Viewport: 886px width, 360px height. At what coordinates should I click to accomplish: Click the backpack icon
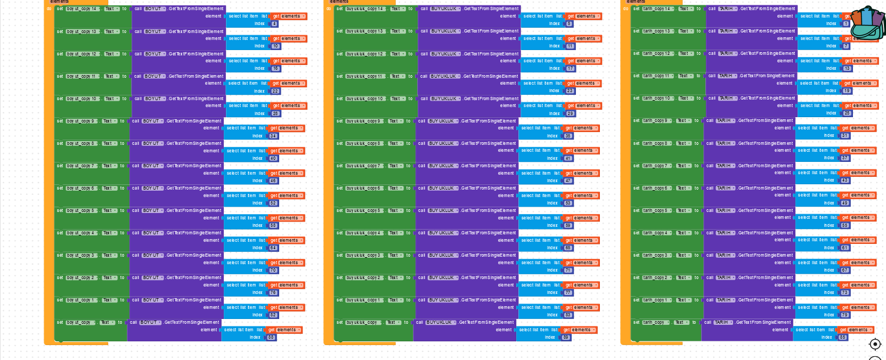pyautogui.click(x=867, y=23)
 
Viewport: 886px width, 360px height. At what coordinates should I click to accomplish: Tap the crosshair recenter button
pyautogui.click(x=875, y=344)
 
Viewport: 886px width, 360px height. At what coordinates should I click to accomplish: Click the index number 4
pyautogui.click(x=274, y=24)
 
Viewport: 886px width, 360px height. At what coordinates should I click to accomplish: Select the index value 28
pyautogui.click(x=275, y=113)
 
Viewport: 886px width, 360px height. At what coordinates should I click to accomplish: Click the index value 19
pyautogui.click(x=847, y=91)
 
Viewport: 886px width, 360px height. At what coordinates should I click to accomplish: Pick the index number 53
pyautogui.click(x=568, y=203)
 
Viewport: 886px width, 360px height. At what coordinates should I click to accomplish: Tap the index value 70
pyautogui.click(x=273, y=270)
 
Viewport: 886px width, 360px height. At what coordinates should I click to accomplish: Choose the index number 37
pyautogui.click(x=845, y=158)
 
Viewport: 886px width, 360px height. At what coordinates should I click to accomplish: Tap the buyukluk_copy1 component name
pyautogui.click(x=363, y=300)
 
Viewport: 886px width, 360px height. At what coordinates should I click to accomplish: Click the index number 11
pyautogui.click(x=570, y=46)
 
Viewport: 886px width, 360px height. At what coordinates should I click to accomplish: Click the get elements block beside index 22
pyautogui.click(x=288, y=84)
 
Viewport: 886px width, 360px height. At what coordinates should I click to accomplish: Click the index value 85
pyautogui.click(x=843, y=337)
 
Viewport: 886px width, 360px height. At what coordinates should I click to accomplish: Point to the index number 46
pyautogui.click(x=273, y=181)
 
